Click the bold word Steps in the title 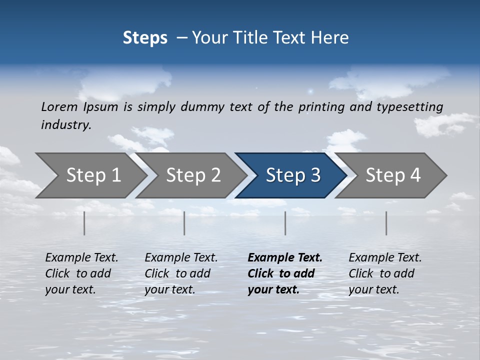[x=145, y=38]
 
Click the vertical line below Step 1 [x=84, y=223]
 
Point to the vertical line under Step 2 [x=184, y=223]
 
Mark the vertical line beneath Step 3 [x=285, y=223]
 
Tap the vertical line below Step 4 [x=386, y=223]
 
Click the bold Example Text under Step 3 [x=285, y=258]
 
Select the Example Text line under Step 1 [x=81, y=258]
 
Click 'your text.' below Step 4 [x=373, y=289]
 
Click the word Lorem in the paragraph [x=59, y=107]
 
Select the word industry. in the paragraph [x=66, y=125]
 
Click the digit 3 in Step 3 [x=315, y=175]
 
